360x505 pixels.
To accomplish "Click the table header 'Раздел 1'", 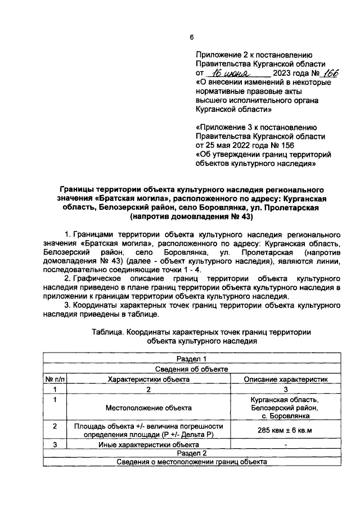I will [x=192, y=359].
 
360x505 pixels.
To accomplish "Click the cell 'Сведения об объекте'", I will [x=192, y=369].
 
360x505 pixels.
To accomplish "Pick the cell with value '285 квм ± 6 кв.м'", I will [x=286, y=431].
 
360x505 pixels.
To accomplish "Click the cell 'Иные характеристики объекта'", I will [x=149, y=444].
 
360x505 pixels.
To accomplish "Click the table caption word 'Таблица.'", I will [x=108, y=332].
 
